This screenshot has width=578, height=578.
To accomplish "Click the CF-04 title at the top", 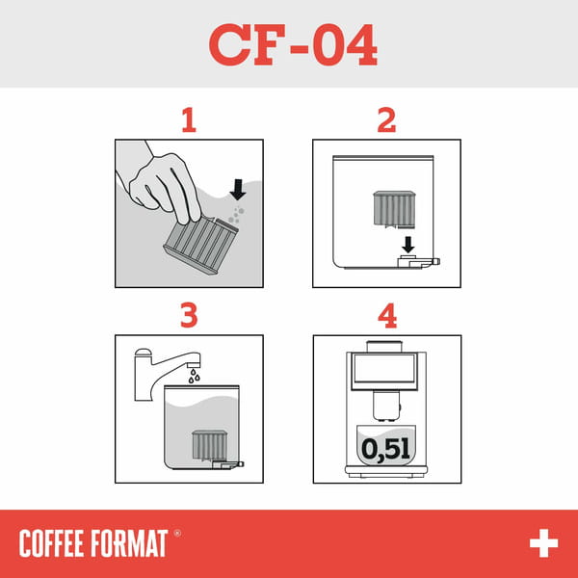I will (x=293, y=44).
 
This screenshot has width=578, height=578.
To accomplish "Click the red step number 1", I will (x=189, y=120).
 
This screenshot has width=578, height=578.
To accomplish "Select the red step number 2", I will (x=386, y=120).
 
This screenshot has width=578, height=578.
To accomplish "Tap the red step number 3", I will (x=189, y=316).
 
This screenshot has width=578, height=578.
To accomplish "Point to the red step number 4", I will (x=386, y=316).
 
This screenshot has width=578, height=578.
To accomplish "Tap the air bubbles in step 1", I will (x=236, y=213).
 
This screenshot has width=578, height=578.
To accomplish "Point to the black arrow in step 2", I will (x=407, y=245).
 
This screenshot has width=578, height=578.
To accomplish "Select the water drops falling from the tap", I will (x=196, y=377).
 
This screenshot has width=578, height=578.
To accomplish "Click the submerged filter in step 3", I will (x=208, y=445).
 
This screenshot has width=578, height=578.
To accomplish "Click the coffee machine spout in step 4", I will (x=385, y=407).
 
